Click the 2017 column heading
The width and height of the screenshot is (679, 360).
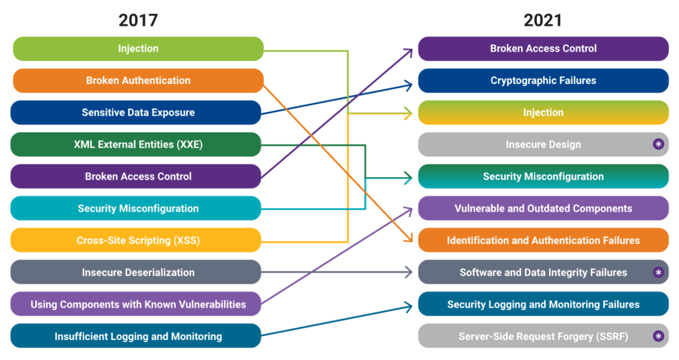(138, 20)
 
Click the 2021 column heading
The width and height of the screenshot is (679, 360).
(542, 20)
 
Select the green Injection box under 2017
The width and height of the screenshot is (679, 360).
(138, 48)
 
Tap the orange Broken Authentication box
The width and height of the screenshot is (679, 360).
(138, 81)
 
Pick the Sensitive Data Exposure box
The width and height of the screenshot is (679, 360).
(138, 113)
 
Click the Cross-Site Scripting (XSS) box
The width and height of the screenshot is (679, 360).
(138, 241)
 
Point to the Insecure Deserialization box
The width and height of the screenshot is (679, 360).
(138, 272)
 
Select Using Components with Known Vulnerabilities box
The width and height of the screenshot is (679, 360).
(138, 305)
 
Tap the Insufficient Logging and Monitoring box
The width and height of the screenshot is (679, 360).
(138, 337)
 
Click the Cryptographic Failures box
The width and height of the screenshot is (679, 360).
(543, 81)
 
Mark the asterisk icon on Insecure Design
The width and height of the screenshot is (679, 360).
(658, 145)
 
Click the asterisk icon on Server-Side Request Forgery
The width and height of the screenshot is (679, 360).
(658, 337)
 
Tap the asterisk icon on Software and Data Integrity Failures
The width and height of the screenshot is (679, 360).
(658, 272)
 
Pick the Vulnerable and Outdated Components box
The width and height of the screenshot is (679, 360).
(543, 209)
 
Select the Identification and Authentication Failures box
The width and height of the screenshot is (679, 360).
(543, 241)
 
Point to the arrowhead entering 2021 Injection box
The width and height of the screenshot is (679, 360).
(408, 113)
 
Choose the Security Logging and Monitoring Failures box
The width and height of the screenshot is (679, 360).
(543, 305)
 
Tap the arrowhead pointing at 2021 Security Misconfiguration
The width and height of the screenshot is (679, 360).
(408, 177)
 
